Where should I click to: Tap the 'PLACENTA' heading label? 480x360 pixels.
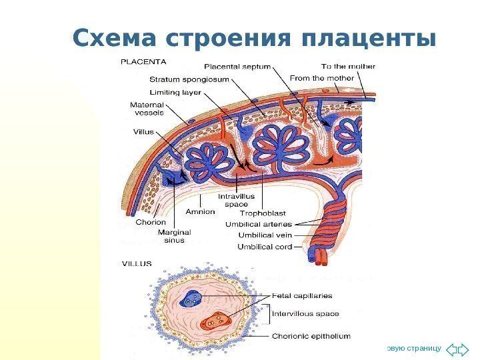pos(144,61)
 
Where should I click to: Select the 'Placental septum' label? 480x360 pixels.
pos(237,67)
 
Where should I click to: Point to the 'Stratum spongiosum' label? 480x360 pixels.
pos(189,79)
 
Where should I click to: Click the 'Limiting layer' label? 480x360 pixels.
pos(176,93)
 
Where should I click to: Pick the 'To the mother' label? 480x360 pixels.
pos(348,67)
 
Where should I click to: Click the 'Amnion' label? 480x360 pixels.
pos(200,211)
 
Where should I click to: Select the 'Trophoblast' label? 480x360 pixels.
pos(263,213)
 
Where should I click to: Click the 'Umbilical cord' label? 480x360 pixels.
pos(265,247)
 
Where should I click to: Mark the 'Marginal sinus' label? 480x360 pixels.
pos(174,237)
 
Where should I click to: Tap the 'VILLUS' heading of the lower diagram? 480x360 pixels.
pos(136,263)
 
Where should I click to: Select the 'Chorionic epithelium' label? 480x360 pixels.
pos(311,336)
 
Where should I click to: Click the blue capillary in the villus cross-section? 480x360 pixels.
pos(191,299)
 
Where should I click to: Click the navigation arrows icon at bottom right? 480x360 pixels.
pos(457,349)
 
